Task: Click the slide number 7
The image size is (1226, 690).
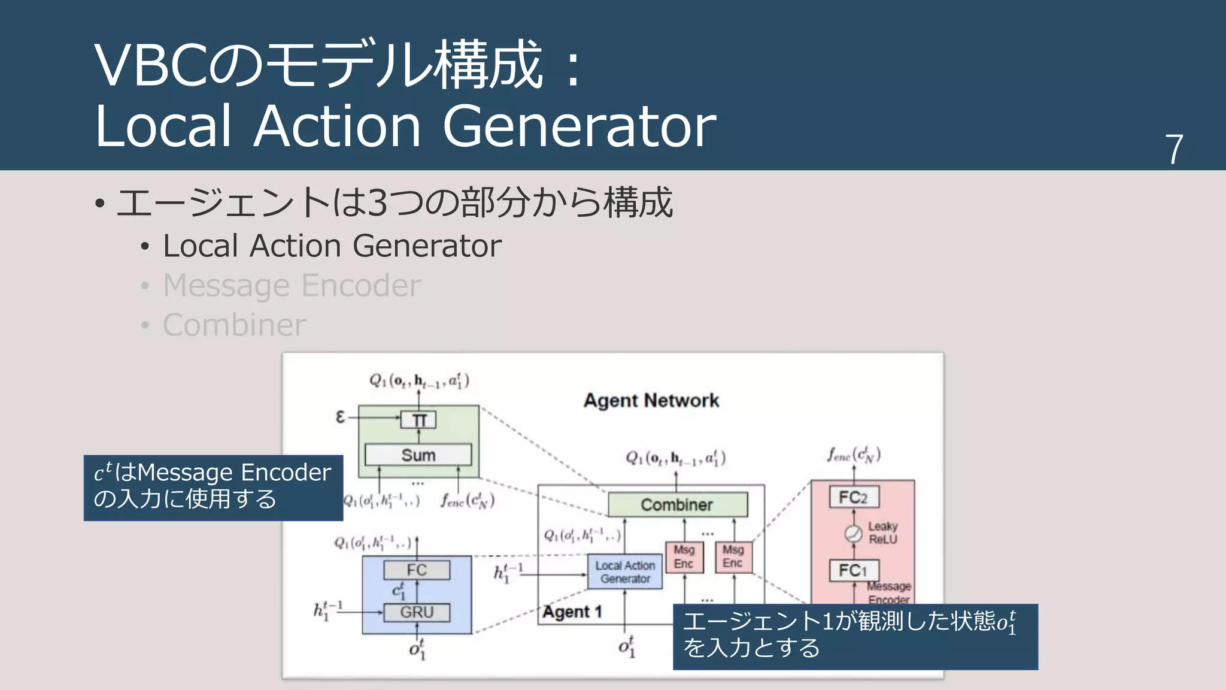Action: point(1173,149)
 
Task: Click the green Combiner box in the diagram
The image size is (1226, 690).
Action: point(677,504)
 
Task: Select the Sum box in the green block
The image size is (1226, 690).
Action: point(418,455)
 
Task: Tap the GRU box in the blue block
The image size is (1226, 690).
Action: point(417,612)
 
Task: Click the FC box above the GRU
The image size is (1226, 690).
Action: point(417,570)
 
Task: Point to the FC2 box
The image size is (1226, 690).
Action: point(854,497)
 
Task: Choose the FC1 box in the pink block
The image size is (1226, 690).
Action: point(854,570)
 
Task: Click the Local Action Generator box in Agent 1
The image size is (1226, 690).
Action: point(625,572)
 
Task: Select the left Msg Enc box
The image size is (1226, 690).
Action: point(684,557)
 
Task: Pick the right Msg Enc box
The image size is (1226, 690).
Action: point(733,557)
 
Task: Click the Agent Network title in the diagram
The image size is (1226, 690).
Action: point(651,400)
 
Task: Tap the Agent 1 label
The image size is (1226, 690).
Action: point(572,612)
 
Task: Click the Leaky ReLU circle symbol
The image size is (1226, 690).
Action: point(853,533)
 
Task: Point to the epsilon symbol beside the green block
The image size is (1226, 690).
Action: point(341,416)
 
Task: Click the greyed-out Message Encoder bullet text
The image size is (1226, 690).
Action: point(292,285)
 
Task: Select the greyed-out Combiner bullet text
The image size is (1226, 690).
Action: point(234,325)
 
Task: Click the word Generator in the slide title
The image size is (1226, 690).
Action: point(579,126)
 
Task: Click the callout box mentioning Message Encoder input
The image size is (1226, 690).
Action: point(213,487)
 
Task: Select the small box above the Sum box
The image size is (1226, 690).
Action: point(418,420)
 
